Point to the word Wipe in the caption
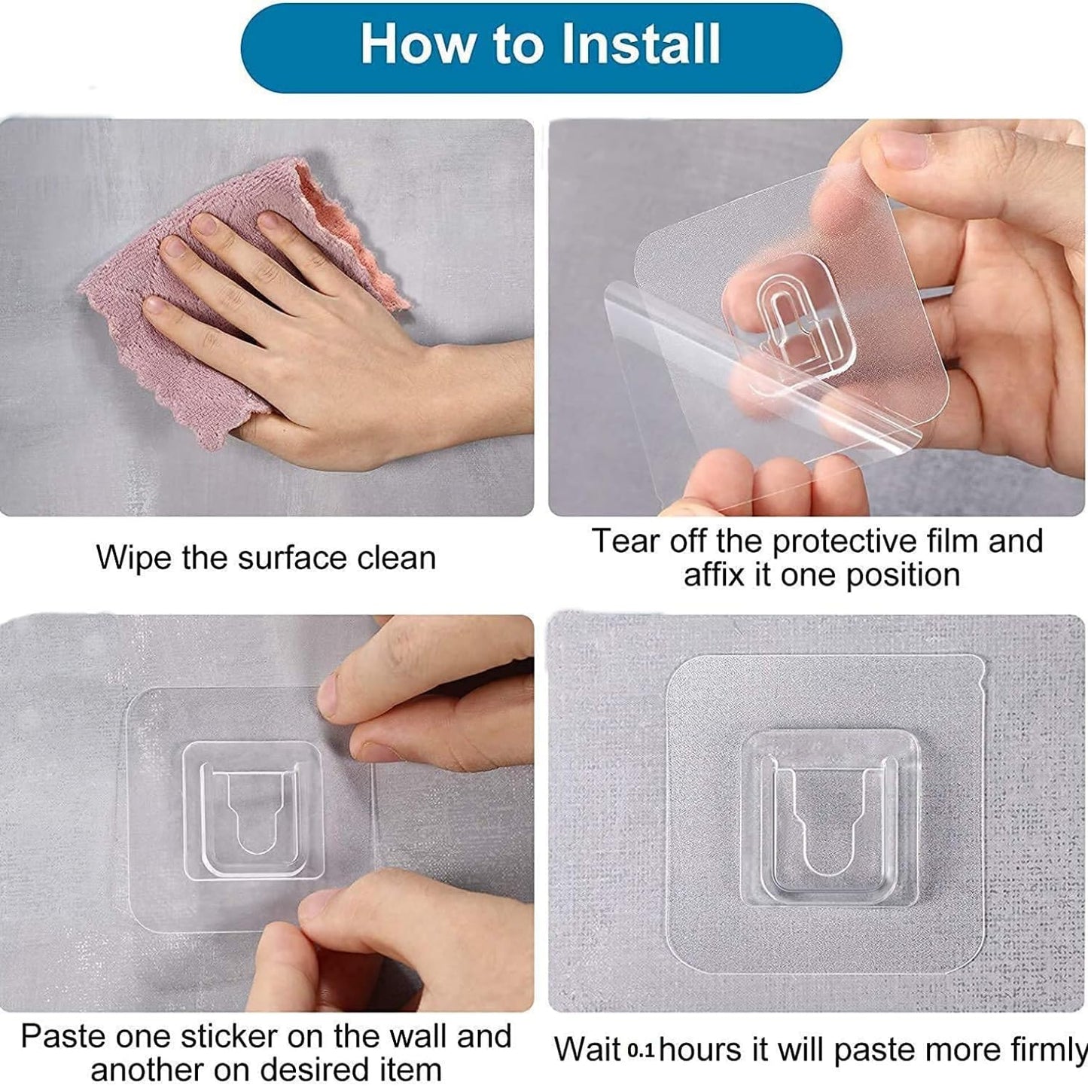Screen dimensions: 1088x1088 pyautogui.click(x=133, y=559)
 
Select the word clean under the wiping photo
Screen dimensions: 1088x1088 pyautogui.click(x=396, y=557)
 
